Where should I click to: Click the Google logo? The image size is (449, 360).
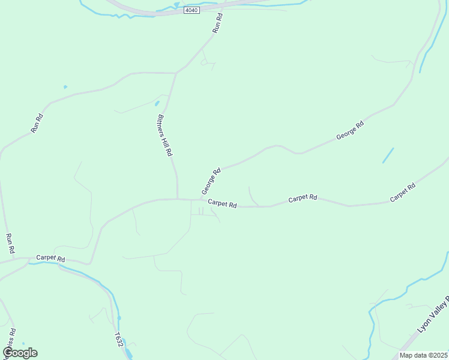click(x=20, y=353)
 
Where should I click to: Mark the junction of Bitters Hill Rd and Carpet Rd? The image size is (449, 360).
click(x=177, y=199)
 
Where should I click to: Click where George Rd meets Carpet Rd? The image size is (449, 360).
click(x=200, y=199)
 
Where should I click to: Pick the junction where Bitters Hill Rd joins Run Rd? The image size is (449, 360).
click(x=175, y=73)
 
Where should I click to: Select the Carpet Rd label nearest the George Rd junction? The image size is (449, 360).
click(x=222, y=204)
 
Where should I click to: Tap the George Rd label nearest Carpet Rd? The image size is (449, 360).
click(x=211, y=181)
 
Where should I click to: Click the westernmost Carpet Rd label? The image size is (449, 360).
click(x=50, y=257)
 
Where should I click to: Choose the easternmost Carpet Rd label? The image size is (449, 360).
click(x=402, y=193)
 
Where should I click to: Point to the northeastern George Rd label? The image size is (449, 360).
click(x=350, y=131)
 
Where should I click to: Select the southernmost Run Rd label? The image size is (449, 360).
click(x=10, y=243)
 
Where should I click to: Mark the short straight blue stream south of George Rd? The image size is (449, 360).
click(x=388, y=155)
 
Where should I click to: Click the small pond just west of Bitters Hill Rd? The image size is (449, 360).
click(x=157, y=103)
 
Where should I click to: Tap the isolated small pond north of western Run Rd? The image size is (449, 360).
click(x=65, y=87)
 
